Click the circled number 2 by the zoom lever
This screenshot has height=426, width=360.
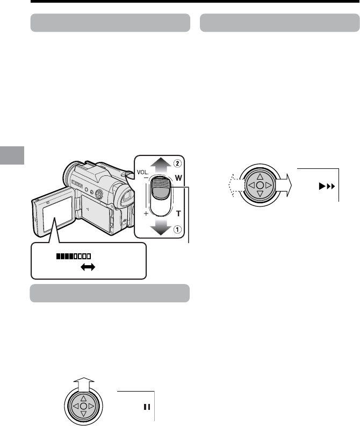coord(177,164)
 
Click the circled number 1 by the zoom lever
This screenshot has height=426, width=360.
coord(177,230)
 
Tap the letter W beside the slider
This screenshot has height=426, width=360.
coord(178,178)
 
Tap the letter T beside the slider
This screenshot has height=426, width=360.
coord(178,214)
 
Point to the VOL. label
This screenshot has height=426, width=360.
coord(143,172)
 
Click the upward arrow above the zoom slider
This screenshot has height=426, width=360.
coord(161,166)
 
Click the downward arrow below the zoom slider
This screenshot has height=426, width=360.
coord(161,227)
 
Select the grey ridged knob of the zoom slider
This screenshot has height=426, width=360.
coord(161,188)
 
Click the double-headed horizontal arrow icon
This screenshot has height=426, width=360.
coord(88,267)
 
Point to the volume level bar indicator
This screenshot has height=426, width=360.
coord(74,256)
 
